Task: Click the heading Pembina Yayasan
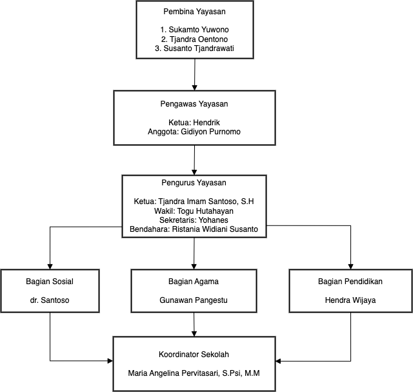(x=194, y=12)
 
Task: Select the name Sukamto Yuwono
(x=199, y=30)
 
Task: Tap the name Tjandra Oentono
(x=199, y=39)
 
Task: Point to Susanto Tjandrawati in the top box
(x=199, y=48)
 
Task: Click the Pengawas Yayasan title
(x=194, y=104)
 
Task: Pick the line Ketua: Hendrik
(x=194, y=123)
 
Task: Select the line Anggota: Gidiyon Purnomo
(x=194, y=132)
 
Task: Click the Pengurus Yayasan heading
(x=194, y=183)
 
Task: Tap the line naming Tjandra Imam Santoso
(x=194, y=201)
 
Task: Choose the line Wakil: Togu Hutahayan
(x=194, y=211)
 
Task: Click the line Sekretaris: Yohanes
(x=194, y=220)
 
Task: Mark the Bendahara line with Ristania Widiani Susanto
(x=194, y=229)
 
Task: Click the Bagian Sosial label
(x=50, y=282)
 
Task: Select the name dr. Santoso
(x=50, y=300)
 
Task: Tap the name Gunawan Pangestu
(x=194, y=300)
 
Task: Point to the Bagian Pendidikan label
(x=350, y=282)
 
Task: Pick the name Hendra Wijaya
(x=350, y=300)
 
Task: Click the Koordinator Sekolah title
(x=194, y=355)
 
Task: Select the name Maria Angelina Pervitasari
(x=174, y=373)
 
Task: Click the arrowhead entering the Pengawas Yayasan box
(x=195, y=88)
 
